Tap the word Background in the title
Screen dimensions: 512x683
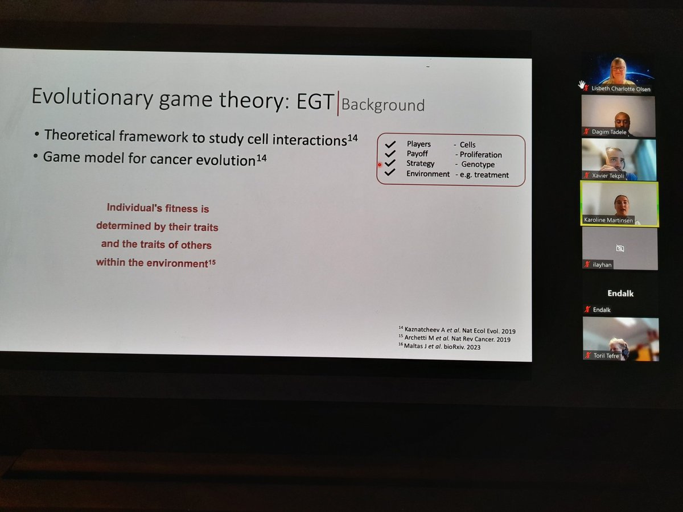click(383, 105)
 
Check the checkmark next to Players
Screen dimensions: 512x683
click(390, 144)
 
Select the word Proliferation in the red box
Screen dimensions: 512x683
click(478, 155)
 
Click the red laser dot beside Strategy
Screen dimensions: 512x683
click(380, 165)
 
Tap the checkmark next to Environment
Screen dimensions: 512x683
click(390, 173)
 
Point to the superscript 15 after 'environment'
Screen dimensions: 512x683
click(212, 262)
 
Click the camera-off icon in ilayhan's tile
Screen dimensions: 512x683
click(620, 249)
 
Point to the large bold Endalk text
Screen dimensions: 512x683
click(619, 294)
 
